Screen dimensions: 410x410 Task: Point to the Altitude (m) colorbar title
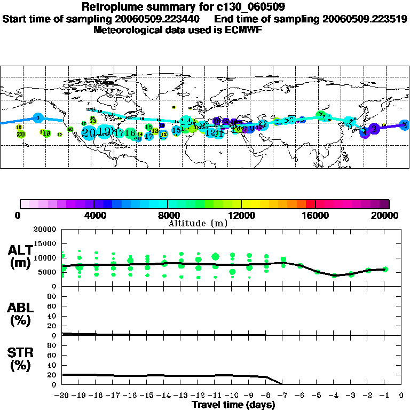pyautogui.click(x=198, y=223)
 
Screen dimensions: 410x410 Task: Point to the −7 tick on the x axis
pyautogui.click(x=282, y=396)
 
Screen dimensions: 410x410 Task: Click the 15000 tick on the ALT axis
pyautogui.click(x=46, y=243)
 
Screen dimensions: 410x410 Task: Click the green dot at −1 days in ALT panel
pyautogui.click(x=385, y=269)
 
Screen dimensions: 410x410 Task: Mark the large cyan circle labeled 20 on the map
pyautogui.click(x=89, y=132)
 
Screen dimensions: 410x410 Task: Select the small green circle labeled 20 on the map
pyautogui.click(x=21, y=134)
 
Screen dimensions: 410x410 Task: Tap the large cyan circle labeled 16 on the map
pyautogui.click(x=130, y=132)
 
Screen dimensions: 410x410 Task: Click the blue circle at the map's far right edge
pyautogui.click(x=405, y=124)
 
